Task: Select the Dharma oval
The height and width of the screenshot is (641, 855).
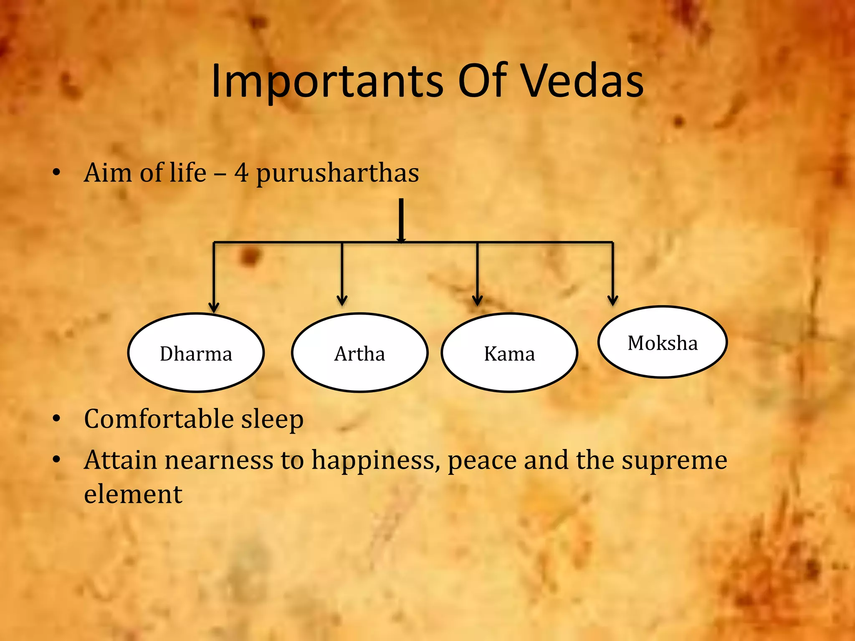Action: coord(196,353)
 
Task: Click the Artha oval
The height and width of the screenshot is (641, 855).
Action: coord(359,353)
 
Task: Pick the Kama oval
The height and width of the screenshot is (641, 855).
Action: coord(509,353)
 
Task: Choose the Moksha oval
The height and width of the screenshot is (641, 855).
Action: coord(663,342)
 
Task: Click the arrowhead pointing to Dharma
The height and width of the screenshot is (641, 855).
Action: coord(214,307)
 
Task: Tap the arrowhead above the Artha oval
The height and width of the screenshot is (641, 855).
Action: coord(342,300)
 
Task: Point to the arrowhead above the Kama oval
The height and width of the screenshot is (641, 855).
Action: coord(477,300)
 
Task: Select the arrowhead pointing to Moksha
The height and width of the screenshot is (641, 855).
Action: coord(612,300)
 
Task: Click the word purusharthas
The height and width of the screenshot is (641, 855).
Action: coord(337,173)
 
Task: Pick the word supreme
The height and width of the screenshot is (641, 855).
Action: coord(674,461)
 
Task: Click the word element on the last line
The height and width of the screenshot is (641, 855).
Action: coord(133,494)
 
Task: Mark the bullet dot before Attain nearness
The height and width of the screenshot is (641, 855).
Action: coord(57,460)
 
